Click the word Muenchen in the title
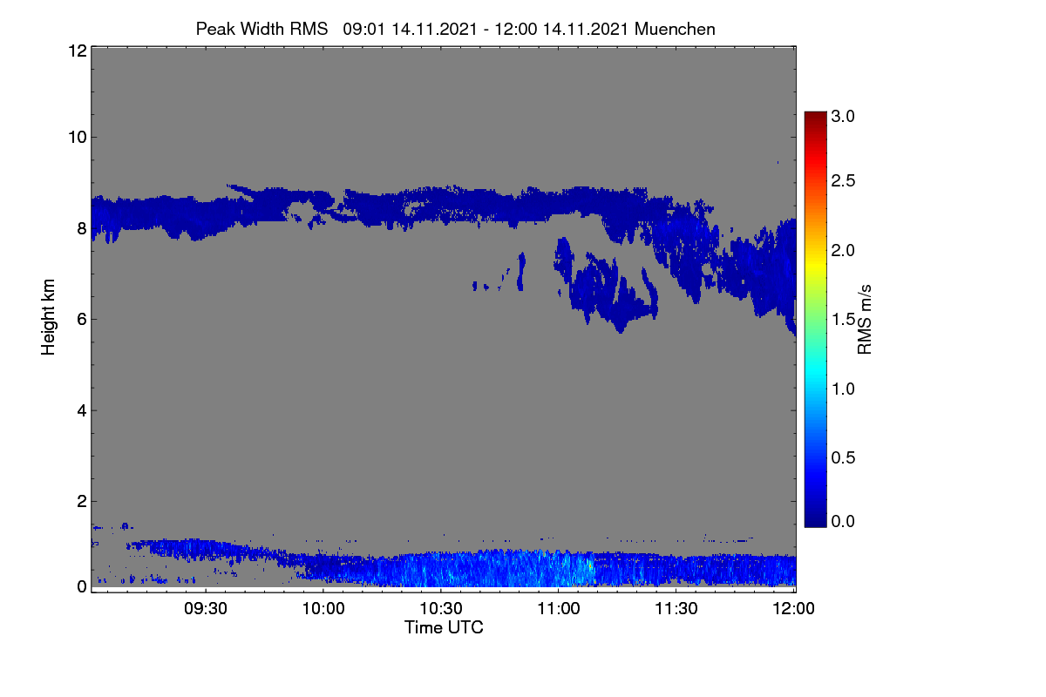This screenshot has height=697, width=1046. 675,29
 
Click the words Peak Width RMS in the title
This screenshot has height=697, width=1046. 262,29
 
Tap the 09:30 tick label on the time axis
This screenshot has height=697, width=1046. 206,608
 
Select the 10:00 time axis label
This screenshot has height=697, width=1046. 323,608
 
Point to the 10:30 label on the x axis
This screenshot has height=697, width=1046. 441,608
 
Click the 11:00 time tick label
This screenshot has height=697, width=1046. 559,608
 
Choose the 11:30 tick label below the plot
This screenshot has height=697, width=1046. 676,608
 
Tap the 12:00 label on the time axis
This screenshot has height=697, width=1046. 793,608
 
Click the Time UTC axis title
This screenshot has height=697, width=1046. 444,627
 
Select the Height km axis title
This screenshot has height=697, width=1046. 48,317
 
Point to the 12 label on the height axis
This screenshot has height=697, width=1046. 78,51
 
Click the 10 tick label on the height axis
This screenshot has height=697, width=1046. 78,138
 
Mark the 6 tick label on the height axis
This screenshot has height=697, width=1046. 82,320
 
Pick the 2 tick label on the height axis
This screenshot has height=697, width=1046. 82,501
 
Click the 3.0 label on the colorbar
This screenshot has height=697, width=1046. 843,116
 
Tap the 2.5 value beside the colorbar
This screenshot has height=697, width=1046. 843,180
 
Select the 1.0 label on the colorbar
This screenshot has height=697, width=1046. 843,389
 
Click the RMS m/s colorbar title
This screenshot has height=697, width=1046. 865,320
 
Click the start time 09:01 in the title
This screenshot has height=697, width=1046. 364,29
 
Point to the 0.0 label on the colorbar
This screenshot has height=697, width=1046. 843,522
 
